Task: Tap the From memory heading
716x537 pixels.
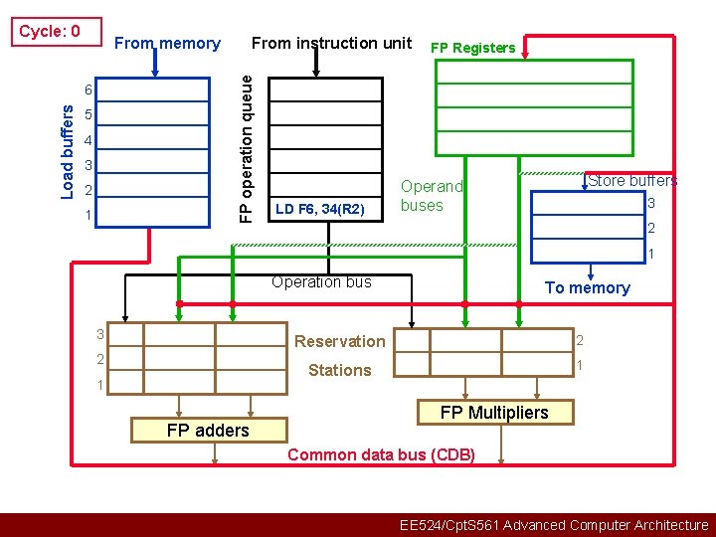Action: [x=167, y=43]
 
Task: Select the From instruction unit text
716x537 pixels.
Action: [x=331, y=43]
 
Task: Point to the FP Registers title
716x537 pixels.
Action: [x=472, y=48]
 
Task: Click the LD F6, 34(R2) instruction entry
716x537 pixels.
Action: [x=319, y=209]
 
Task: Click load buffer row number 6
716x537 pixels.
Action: [x=88, y=90]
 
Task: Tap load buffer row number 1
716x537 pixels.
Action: [x=88, y=215]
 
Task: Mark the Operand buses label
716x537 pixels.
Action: [x=432, y=196]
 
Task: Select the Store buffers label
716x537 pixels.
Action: [x=632, y=181]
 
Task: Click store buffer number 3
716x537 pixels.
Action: [x=651, y=204]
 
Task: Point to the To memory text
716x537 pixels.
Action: [x=587, y=288]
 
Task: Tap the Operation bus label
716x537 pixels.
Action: [x=321, y=282]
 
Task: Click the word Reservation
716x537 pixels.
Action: [x=339, y=341]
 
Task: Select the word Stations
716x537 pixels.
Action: [x=339, y=370]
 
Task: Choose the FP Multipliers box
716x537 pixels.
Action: [x=494, y=412]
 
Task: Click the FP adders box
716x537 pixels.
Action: [x=208, y=430]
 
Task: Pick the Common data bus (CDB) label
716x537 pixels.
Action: [x=381, y=455]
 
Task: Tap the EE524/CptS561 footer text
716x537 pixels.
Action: [x=553, y=525]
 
